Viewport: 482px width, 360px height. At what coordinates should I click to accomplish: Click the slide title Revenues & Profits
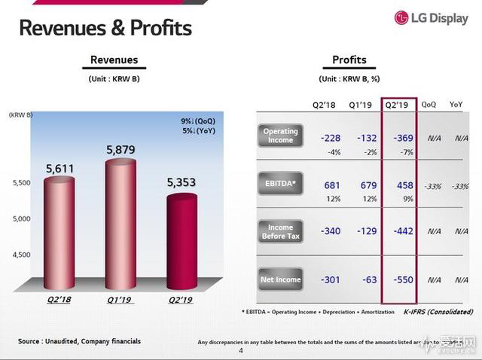pyautogui.click(x=105, y=28)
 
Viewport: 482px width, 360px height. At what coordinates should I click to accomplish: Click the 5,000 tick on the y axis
pyautogui.click(x=22, y=218)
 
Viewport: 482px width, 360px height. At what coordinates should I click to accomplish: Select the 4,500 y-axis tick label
pyautogui.click(x=22, y=255)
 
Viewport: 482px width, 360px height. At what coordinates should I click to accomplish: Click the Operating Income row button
pyautogui.click(x=281, y=136)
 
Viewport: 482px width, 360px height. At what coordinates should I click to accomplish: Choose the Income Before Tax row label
pyautogui.click(x=281, y=231)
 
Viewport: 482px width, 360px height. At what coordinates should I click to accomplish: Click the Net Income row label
pyautogui.click(x=281, y=279)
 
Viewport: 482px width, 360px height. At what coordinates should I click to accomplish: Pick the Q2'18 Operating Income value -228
pyautogui.click(x=330, y=137)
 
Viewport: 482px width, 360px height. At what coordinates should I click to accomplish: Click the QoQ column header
pyautogui.click(x=429, y=105)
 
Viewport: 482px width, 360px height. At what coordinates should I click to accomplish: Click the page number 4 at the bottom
pyautogui.click(x=241, y=350)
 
